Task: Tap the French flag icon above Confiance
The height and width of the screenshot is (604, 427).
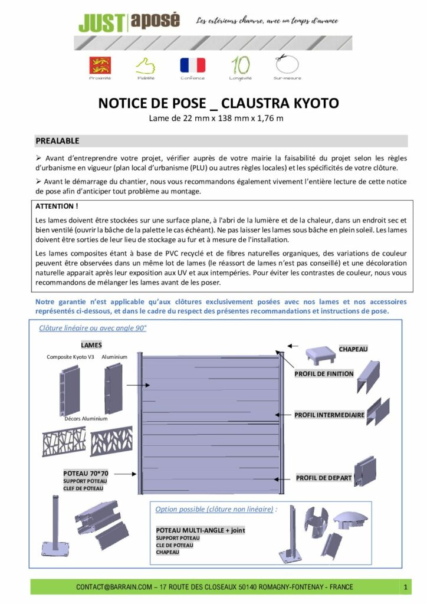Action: coord(193,65)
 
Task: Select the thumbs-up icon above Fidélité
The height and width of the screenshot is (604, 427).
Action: coord(145,65)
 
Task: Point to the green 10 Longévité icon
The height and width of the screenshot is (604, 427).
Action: coord(240,64)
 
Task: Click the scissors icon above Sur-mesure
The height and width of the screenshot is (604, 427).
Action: coord(287,64)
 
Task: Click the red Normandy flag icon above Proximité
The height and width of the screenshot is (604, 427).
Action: coord(100,65)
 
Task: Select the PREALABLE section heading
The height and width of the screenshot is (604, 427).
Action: coord(58,141)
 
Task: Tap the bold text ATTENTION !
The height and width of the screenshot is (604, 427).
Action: coord(57,206)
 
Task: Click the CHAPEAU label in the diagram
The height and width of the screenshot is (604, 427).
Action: coord(353,349)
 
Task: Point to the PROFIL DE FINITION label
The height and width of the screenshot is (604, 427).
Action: coord(324,373)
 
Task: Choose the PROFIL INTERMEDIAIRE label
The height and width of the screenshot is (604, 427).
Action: coord(329,415)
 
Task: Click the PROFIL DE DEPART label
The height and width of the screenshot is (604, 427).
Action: coord(324,478)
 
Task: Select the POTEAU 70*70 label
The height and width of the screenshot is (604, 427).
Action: coord(86,473)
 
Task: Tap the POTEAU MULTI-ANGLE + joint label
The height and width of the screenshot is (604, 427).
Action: coord(201,530)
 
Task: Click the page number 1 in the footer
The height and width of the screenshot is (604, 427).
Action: coord(406,587)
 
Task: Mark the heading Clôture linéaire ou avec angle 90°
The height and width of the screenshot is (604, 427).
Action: coord(93,329)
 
